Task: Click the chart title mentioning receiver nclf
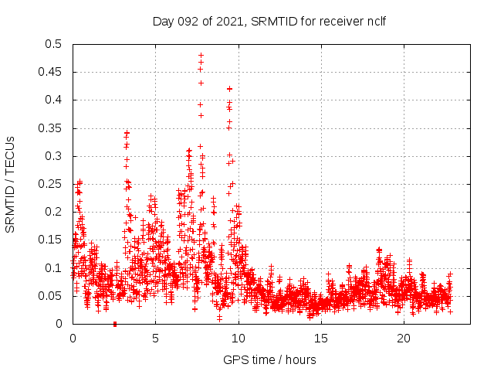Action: (269, 21)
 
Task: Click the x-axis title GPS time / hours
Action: (269, 359)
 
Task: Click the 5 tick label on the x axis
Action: (155, 339)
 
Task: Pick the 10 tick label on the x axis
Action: (239, 339)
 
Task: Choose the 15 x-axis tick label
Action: (321, 339)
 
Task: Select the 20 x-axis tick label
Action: (404, 339)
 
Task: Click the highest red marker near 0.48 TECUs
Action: (201, 56)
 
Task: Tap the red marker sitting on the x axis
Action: (115, 323)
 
